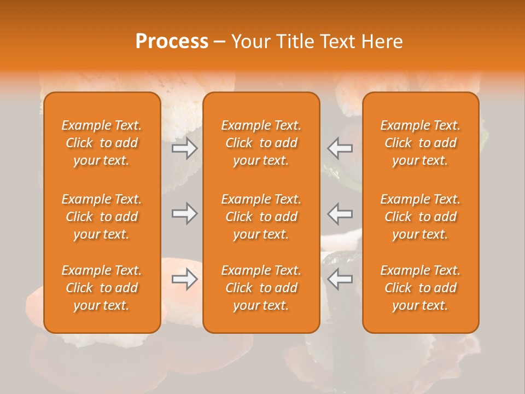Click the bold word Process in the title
(172, 42)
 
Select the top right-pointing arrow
(184, 148)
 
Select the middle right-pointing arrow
(184, 213)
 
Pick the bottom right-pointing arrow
(184, 279)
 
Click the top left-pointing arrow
(340, 148)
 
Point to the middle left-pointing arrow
(340, 213)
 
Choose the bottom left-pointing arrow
(340, 279)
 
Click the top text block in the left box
(102, 143)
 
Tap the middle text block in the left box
(102, 217)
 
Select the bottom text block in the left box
(102, 288)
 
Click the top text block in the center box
(261, 143)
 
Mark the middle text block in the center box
(261, 217)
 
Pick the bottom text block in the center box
(261, 288)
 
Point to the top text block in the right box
(421, 143)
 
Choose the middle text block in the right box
(421, 217)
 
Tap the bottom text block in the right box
(421, 288)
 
